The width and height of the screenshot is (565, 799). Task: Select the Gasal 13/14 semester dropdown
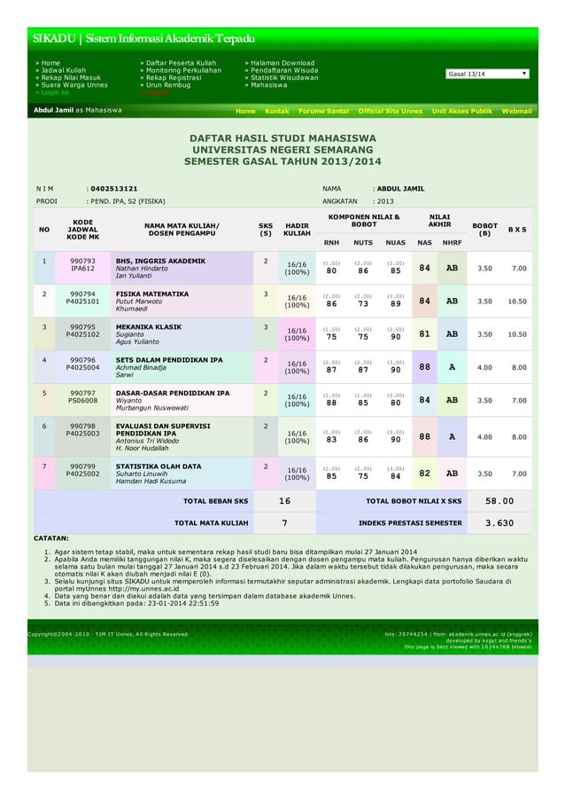coord(487,74)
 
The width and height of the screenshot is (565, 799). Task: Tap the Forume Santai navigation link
coord(323,112)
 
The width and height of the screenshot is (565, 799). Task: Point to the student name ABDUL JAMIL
coord(400,188)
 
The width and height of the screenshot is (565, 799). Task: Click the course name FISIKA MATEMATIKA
coord(152,294)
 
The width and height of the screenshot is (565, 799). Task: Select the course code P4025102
coord(83,334)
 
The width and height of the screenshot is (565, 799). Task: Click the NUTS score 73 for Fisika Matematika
coord(362,303)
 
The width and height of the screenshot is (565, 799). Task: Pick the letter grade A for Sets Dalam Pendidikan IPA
coord(452,366)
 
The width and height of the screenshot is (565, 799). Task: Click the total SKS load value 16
coord(283,501)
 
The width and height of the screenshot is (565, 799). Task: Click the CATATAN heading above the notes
coord(51,538)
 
